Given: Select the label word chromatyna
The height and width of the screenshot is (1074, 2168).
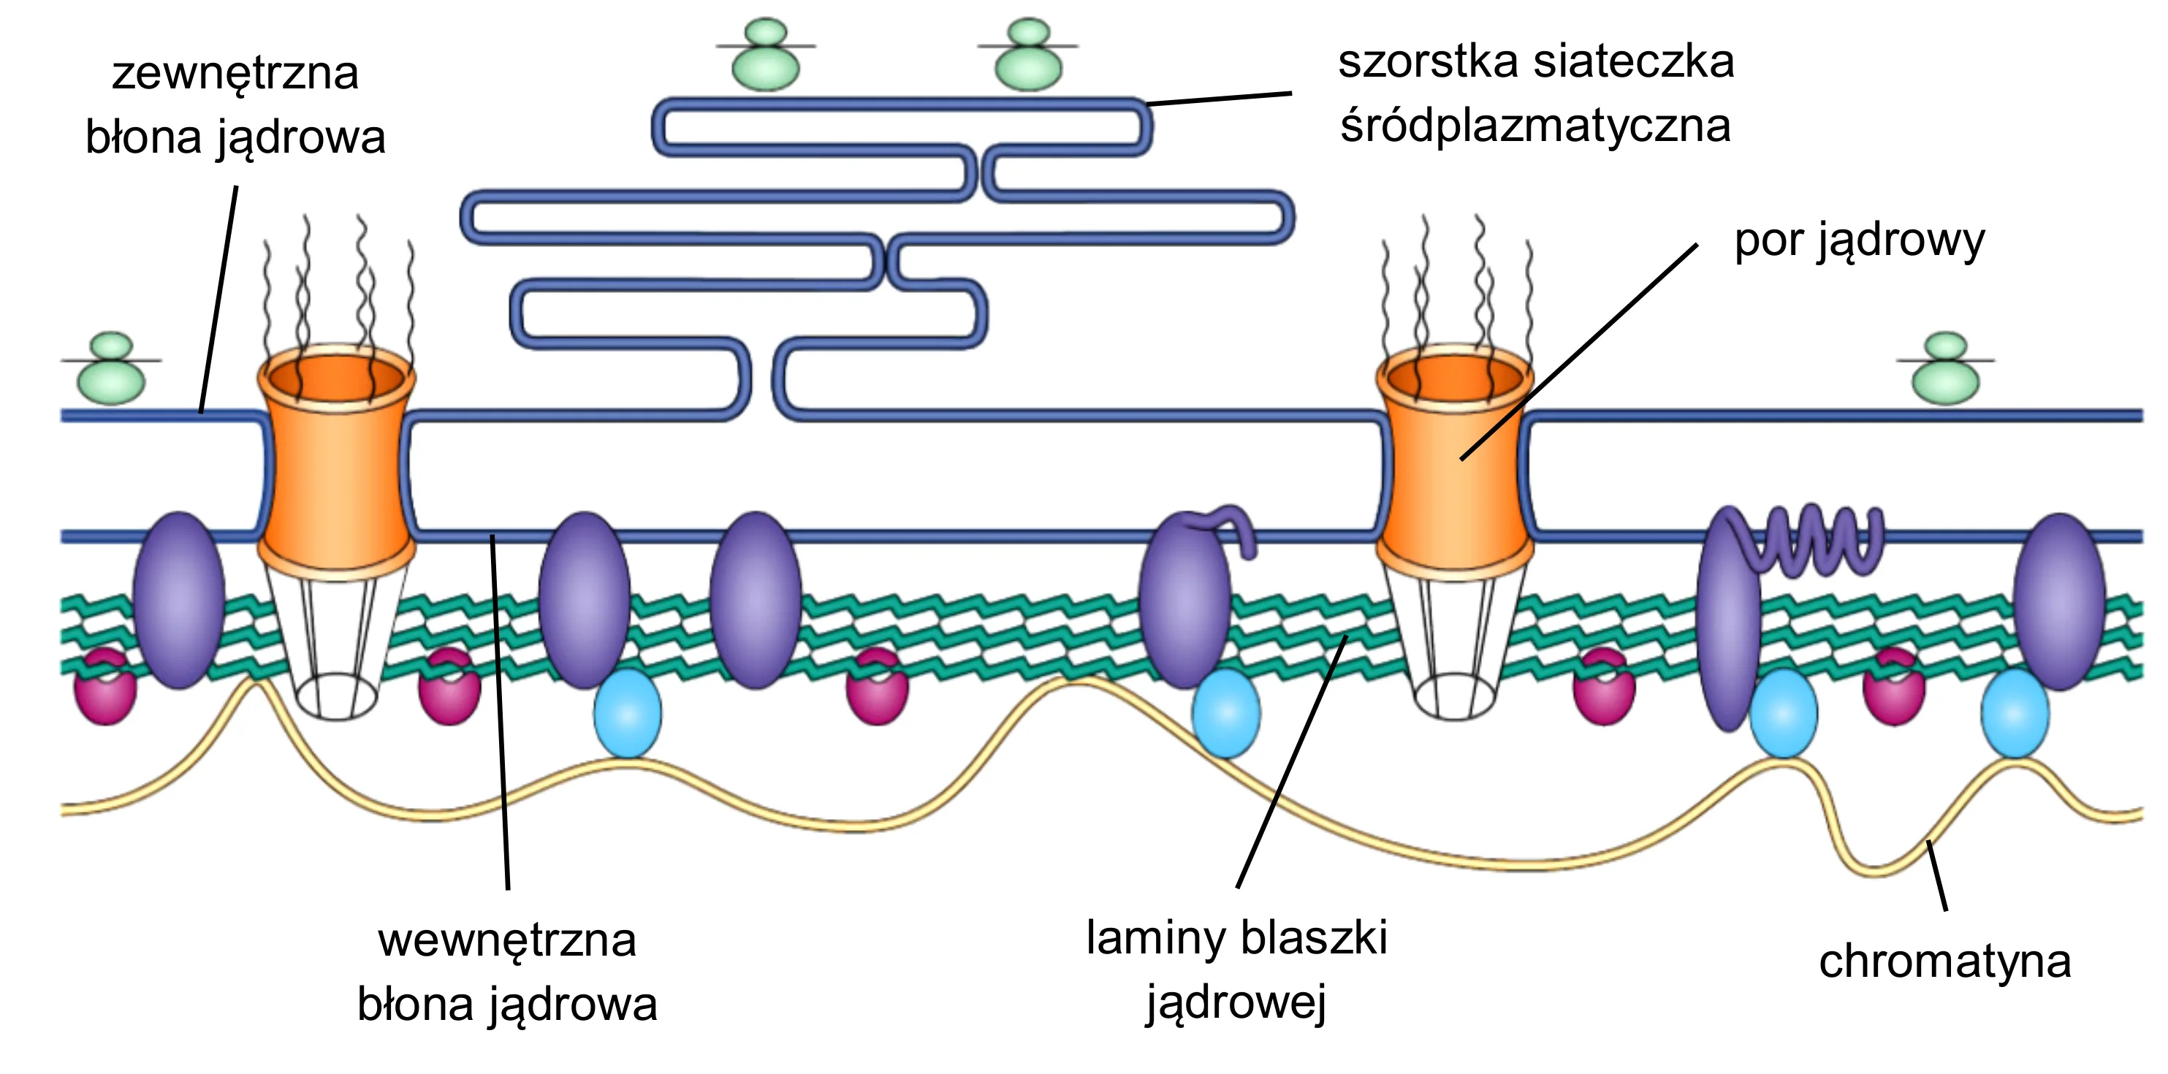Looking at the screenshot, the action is pyautogui.click(x=1945, y=961).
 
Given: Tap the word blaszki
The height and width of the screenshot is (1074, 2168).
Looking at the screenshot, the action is pyautogui.click(x=1314, y=937).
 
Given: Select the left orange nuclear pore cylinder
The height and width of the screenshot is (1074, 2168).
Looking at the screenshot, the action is pyautogui.click(x=337, y=461).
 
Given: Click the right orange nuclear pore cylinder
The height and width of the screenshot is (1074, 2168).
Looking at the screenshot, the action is pyautogui.click(x=1454, y=461).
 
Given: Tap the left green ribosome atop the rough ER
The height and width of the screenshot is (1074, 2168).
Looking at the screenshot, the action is pyautogui.click(x=766, y=55).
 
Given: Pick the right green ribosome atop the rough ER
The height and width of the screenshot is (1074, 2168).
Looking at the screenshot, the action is pyautogui.click(x=1028, y=55).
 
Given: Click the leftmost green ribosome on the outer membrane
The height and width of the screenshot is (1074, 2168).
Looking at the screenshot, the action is pyautogui.click(x=111, y=369).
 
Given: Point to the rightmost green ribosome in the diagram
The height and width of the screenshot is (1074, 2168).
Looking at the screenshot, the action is pyautogui.click(x=1946, y=369).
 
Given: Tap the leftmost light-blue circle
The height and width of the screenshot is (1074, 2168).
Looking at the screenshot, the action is pyautogui.click(x=628, y=713).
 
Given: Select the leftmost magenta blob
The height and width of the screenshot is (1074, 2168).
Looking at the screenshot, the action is pyautogui.click(x=105, y=686).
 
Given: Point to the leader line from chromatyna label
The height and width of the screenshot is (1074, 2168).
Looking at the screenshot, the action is pyautogui.click(x=1937, y=875).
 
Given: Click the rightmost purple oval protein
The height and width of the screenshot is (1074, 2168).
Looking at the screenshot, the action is pyautogui.click(x=2058, y=601).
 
